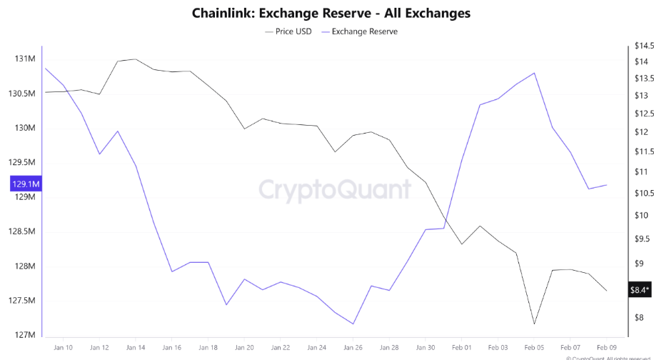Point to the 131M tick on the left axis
click(26, 59)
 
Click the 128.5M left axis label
click(22, 232)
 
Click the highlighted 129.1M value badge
click(26, 184)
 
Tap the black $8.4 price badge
click(639, 290)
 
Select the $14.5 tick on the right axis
click(640, 46)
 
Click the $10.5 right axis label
click(640, 194)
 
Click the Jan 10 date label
click(64, 348)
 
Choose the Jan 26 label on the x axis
click(353, 348)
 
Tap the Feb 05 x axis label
click(534, 348)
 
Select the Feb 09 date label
click(606, 348)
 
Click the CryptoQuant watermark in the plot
click(333, 189)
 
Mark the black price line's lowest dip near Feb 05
click(534, 324)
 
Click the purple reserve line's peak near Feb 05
click(534, 73)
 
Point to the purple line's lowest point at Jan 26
click(353, 324)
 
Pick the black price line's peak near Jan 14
click(136, 59)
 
